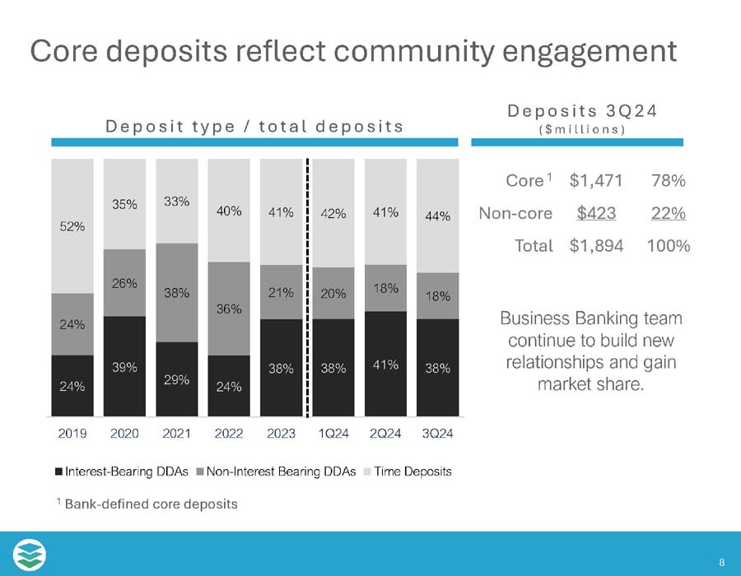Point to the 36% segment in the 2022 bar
(230, 309)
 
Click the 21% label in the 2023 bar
(281, 293)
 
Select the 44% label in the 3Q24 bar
(438, 217)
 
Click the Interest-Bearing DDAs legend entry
(122, 471)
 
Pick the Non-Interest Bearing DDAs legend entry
(282, 471)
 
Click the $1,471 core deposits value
(596, 180)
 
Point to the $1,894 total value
(596, 245)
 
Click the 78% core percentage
(669, 180)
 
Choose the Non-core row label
(515, 213)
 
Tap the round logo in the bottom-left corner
(30, 554)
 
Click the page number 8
(721, 563)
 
